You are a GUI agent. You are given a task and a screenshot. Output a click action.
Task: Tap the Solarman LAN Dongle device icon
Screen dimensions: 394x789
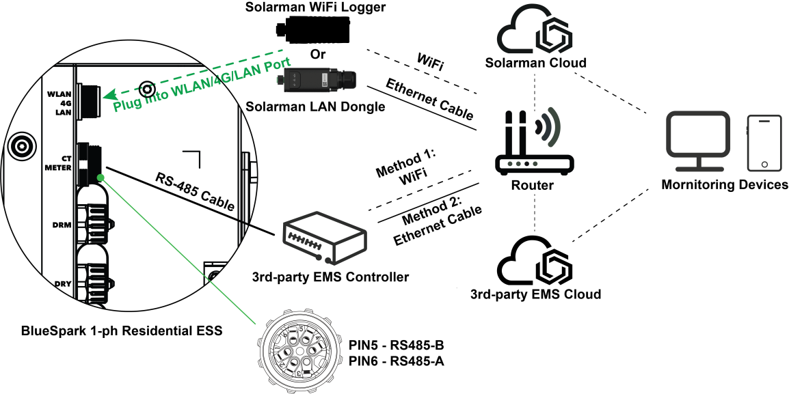click(x=315, y=80)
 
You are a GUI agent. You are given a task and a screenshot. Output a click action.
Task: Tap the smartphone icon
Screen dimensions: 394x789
click(x=764, y=143)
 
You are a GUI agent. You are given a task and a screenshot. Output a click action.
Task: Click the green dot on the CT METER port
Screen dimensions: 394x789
click(x=101, y=178)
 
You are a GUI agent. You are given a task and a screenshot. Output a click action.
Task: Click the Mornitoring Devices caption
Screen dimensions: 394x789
click(x=724, y=185)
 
